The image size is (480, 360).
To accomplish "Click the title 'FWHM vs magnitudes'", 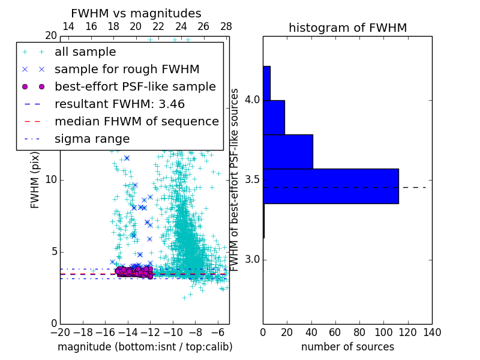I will point(136,13).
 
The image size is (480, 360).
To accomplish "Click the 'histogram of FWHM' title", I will point(347,28).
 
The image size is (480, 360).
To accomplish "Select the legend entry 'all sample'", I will point(85,52).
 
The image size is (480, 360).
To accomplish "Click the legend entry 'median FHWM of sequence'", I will point(136,121).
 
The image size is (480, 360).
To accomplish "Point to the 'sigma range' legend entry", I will point(92,139).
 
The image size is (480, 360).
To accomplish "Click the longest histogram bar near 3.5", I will point(331,186).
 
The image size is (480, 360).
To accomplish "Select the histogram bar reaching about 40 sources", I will point(288,152).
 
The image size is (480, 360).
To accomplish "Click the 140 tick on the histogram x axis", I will point(432,332).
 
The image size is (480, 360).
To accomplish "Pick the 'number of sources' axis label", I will point(347,347).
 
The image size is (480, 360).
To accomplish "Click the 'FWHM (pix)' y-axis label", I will point(35,179).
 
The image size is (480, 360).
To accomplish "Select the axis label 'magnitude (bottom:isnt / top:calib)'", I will point(145,347).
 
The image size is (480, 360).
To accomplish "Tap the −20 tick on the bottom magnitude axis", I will point(60,332).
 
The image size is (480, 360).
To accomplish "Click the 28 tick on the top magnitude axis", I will point(226,26).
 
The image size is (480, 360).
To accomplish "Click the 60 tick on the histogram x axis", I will point(335,332).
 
